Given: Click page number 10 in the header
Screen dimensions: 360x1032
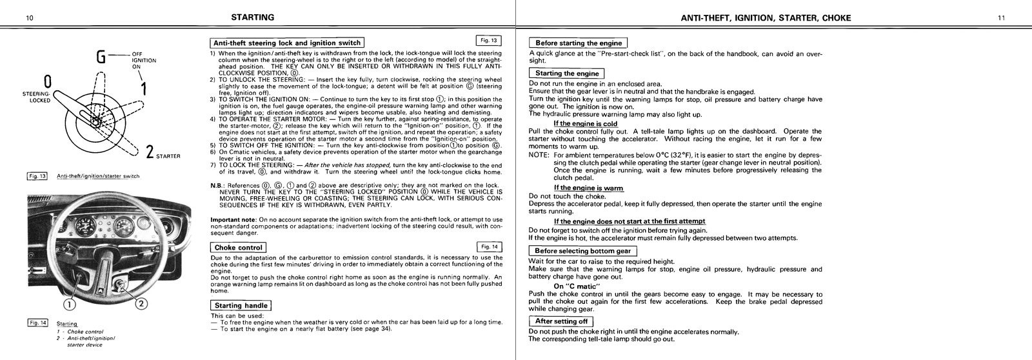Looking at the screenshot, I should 30,17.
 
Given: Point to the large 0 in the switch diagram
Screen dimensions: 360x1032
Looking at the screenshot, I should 48,83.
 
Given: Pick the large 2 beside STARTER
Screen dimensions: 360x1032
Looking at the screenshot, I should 149,153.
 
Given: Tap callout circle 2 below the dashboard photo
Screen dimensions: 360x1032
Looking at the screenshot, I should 143,303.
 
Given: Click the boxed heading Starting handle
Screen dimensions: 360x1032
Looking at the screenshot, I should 241,305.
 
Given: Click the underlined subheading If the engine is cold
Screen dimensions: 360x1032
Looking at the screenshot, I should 585,123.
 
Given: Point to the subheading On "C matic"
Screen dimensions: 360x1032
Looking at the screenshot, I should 577,286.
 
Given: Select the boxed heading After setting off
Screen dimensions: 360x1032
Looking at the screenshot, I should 561,321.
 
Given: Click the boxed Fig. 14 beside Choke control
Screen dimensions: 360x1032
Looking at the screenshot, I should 488,246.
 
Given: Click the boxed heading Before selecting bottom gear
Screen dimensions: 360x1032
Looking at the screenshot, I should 582,251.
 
